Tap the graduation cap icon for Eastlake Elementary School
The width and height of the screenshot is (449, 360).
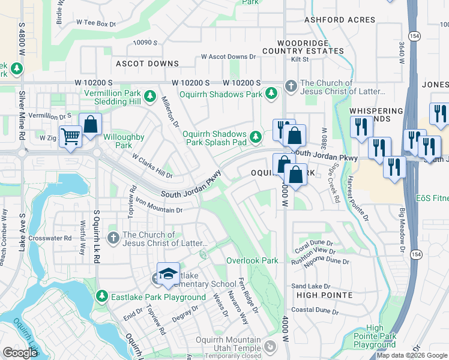169,274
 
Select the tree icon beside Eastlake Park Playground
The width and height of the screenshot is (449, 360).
103,296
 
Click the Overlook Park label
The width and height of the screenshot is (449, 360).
252,260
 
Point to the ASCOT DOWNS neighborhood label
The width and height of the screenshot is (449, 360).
147,64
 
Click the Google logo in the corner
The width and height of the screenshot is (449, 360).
19,353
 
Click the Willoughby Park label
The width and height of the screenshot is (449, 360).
124,141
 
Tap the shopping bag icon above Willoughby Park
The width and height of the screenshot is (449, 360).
90,124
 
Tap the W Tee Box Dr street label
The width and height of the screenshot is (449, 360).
95,23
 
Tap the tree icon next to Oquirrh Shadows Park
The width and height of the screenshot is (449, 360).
271,94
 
